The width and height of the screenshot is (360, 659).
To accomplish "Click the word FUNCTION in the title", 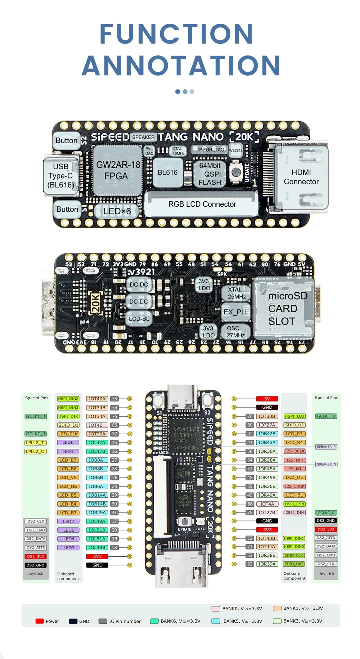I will click(176, 34).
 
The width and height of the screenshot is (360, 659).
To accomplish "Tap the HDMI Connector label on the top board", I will click(301, 177).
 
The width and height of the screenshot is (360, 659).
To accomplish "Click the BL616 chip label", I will click(167, 172).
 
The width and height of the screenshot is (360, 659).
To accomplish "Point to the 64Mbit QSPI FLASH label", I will click(210, 174).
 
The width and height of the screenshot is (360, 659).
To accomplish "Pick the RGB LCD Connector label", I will click(202, 204).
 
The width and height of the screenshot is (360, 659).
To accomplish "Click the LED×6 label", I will click(117, 211).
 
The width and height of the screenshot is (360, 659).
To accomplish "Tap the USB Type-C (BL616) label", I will click(60, 176).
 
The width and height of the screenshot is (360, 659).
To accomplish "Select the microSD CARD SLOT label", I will click(287, 309).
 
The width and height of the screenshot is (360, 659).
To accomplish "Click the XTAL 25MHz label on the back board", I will click(237, 293).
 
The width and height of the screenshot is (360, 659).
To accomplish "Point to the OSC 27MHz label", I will click(235, 332).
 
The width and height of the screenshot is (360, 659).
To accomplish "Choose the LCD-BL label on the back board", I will click(139, 319).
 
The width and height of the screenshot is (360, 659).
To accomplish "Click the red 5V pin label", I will click(267, 399).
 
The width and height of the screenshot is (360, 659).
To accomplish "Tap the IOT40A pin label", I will click(97, 399).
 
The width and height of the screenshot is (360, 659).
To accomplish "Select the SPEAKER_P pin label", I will click(326, 447).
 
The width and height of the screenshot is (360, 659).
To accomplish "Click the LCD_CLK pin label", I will click(68, 434).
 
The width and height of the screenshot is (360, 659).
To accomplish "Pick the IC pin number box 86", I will click(250, 504).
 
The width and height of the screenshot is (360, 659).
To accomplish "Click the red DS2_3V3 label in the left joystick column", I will click(35, 556).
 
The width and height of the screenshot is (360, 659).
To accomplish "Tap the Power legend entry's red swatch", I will click(40, 621).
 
